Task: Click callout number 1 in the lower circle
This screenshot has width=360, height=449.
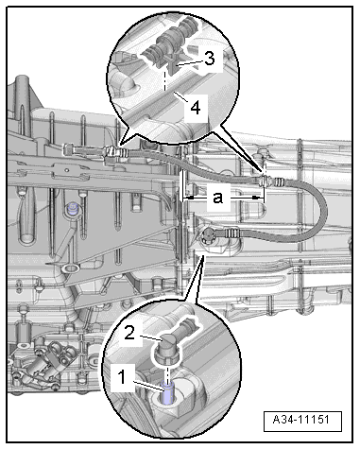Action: (x=122, y=376)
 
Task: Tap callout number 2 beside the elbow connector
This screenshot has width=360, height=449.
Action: (x=130, y=333)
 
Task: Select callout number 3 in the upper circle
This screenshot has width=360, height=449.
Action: (x=210, y=59)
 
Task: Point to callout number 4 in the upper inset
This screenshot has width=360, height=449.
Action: (x=196, y=108)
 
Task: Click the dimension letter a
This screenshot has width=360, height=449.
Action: (x=218, y=198)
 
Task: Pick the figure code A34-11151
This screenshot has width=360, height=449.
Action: (x=301, y=420)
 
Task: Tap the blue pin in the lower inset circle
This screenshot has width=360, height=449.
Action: (x=167, y=392)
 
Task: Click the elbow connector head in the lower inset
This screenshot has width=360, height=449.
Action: (x=169, y=348)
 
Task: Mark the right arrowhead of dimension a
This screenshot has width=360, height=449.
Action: (x=258, y=198)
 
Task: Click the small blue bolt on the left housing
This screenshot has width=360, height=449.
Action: (x=74, y=209)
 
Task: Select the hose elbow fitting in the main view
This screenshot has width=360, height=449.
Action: (x=208, y=234)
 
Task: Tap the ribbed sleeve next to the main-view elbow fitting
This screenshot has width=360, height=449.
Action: (x=231, y=233)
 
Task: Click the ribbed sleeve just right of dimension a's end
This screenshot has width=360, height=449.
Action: (x=280, y=181)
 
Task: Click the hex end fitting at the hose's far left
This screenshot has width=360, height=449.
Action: (x=69, y=148)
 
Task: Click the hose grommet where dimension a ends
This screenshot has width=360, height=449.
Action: (x=264, y=181)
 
